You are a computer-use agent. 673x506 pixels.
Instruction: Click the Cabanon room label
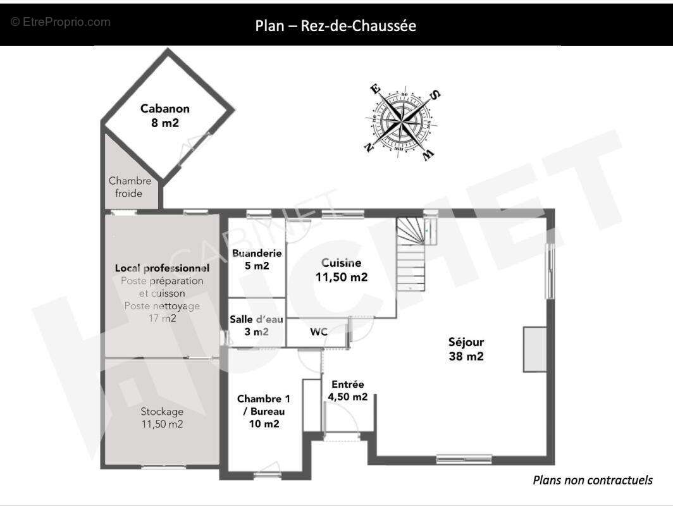pyautogui.click(x=165, y=116)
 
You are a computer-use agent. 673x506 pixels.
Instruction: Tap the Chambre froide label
pyautogui.click(x=130, y=187)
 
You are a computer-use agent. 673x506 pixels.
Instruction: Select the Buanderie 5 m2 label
pyautogui.click(x=257, y=259)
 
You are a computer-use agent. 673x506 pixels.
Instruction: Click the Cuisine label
pyautogui.click(x=341, y=270)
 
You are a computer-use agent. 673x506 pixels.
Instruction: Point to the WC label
pyautogui.click(x=319, y=332)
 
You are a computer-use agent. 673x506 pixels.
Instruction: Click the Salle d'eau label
pyautogui.click(x=256, y=325)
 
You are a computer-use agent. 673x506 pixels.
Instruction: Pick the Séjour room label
pyautogui.click(x=466, y=349)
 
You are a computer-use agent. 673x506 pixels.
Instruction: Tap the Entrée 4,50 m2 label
pyautogui.click(x=348, y=390)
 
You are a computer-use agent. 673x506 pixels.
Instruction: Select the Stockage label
pyautogui.click(x=162, y=417)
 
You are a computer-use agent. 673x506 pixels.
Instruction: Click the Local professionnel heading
pyautogui.click(x=162, y=268)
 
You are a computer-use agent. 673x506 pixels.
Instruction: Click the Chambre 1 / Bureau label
pyautogui.click(x=264, y=411)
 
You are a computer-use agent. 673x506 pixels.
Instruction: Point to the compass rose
pyautogui.click(x=402, y=122)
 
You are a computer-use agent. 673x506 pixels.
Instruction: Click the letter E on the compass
pyautogui.click(x=374, y=89)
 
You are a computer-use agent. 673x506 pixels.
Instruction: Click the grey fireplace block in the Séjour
pyautogui.click(x=535, y=349)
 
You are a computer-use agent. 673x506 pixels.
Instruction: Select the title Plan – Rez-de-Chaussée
pyautogui.click(x=336, y=26)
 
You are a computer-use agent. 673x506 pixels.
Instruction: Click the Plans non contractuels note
pyautogui.click(x=593, y=480)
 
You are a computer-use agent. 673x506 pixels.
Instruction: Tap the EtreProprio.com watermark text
pyautogui.click(x=61, y=22)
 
